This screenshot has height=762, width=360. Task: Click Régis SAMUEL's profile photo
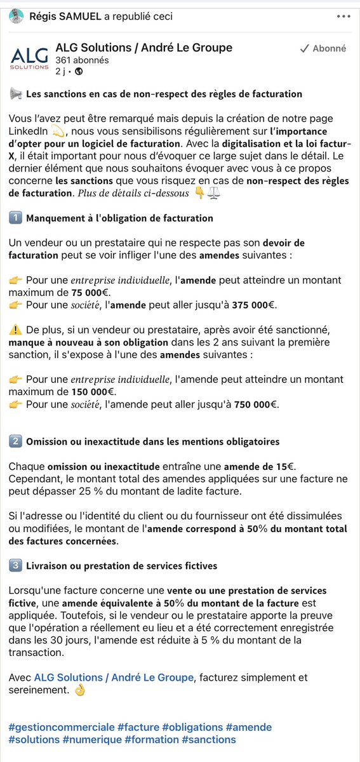pos(17,17)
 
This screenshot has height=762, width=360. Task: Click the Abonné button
pos(323,48)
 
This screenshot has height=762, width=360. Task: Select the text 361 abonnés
pos(82,60)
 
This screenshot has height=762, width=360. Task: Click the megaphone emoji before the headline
pos(16,94)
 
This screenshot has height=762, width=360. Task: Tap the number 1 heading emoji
pos(16,218)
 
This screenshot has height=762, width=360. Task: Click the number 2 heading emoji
pos(16,441)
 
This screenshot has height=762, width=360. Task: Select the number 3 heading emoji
pos(16,565)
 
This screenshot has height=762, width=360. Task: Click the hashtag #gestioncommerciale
pos(62,727)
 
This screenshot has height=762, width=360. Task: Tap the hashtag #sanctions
pos(209,740)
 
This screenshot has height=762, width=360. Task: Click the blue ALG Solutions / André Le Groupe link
pos(114,678)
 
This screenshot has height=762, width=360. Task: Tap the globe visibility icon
pos(79,71)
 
